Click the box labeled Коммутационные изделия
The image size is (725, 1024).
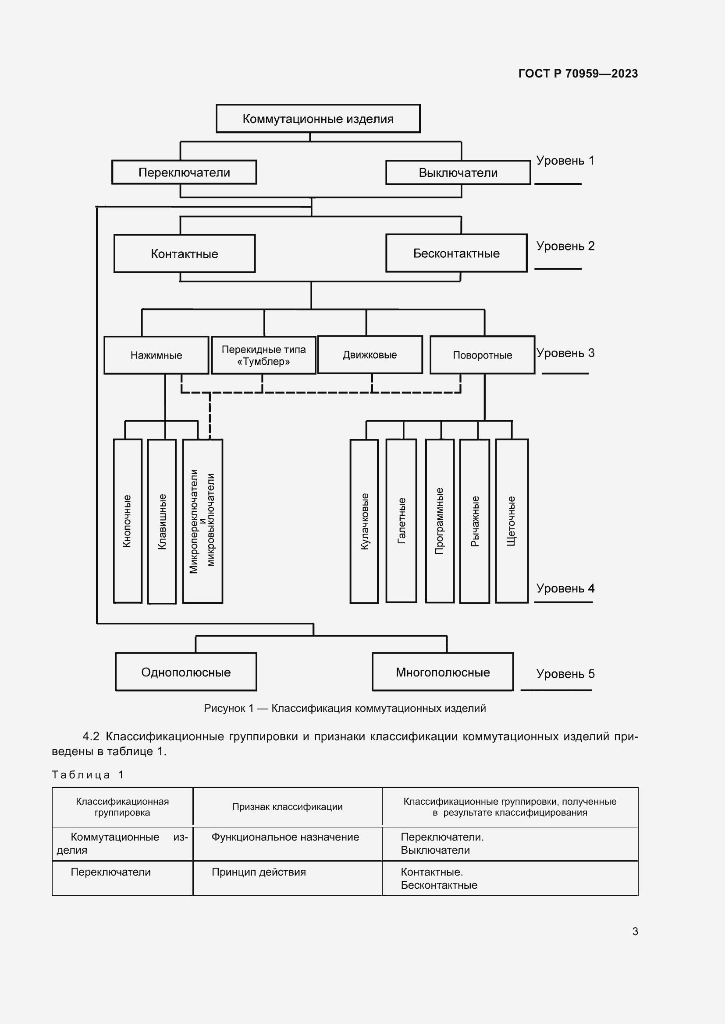pos(318,119)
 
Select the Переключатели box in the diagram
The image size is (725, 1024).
pos(184,172)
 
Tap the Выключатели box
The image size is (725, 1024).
pos(458,172)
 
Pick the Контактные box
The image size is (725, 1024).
pos(185,253)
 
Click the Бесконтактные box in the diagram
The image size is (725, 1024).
pos(456,253)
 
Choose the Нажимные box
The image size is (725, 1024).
pos(156,355)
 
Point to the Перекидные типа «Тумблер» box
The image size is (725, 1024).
pos(263,355)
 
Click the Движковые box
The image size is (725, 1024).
pos(370,355)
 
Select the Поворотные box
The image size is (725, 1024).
pos(482,355)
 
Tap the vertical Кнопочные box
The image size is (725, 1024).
pos(128,521)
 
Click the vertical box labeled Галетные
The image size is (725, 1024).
pos(401,521)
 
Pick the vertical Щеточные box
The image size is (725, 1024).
pos(512,521)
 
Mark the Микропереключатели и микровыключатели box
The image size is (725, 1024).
pos(202,521)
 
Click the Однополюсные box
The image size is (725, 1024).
pos(186,672)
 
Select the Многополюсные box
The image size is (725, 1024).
pos(442,672)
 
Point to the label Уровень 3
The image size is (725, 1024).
pos(565,353)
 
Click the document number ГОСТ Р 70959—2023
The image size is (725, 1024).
pos(578,74)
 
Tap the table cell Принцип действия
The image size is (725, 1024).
pos(259,872)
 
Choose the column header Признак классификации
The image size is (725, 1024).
pos(287,806)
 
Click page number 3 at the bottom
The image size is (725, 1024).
pos(635,931)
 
